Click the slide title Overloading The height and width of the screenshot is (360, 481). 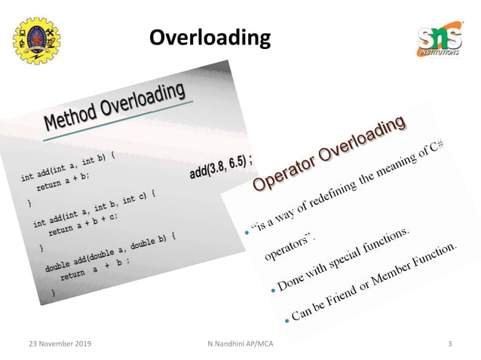coord(209,37)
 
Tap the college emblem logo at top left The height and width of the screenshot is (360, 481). coord(37,39)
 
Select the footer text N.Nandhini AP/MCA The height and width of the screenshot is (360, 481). coord(241,345)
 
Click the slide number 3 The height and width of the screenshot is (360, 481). coord(449,345)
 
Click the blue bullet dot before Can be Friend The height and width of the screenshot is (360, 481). coord(287,322)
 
